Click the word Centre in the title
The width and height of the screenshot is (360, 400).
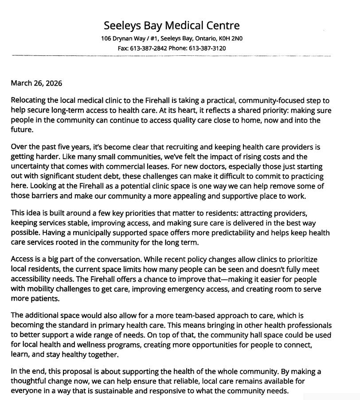[218, 25]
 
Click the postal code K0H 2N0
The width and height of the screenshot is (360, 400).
[230, 38]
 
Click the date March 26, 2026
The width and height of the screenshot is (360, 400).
[36, 83]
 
